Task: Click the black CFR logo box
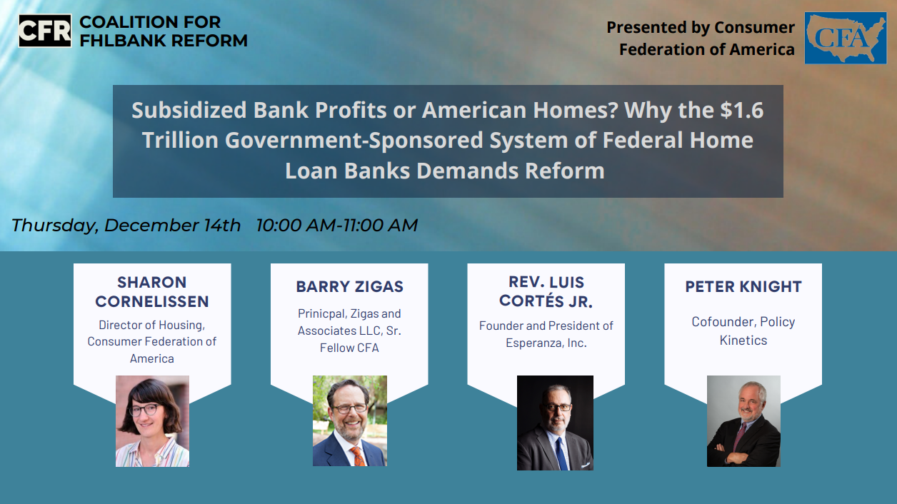[45, 31]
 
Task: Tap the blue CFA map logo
[846, 38]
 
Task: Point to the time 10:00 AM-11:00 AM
[337, 225]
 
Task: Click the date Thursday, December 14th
[126, 226]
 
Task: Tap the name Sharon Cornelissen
[152, 292]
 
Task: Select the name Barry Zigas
[350, 287]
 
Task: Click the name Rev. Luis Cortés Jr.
[546, 292]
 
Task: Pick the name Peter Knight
[743, 287]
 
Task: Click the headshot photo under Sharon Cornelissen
[152, 421]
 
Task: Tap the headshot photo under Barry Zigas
[350, 420]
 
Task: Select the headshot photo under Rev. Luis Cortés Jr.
[555, 423]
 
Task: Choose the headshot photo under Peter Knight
[743, 421]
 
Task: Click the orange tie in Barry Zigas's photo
[358, 455]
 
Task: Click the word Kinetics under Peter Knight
[743, 341]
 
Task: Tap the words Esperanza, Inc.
[546, 343]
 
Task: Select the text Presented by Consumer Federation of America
[701, 39]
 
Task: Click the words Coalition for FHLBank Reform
[164, 31]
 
